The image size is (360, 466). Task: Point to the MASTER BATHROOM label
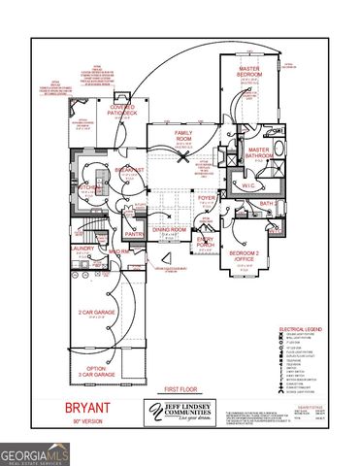tap(260, 153)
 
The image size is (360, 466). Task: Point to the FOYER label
tap(207, 199)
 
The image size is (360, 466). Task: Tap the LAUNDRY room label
tap(82, 249)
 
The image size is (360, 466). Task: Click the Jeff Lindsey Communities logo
tap(180, 413)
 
